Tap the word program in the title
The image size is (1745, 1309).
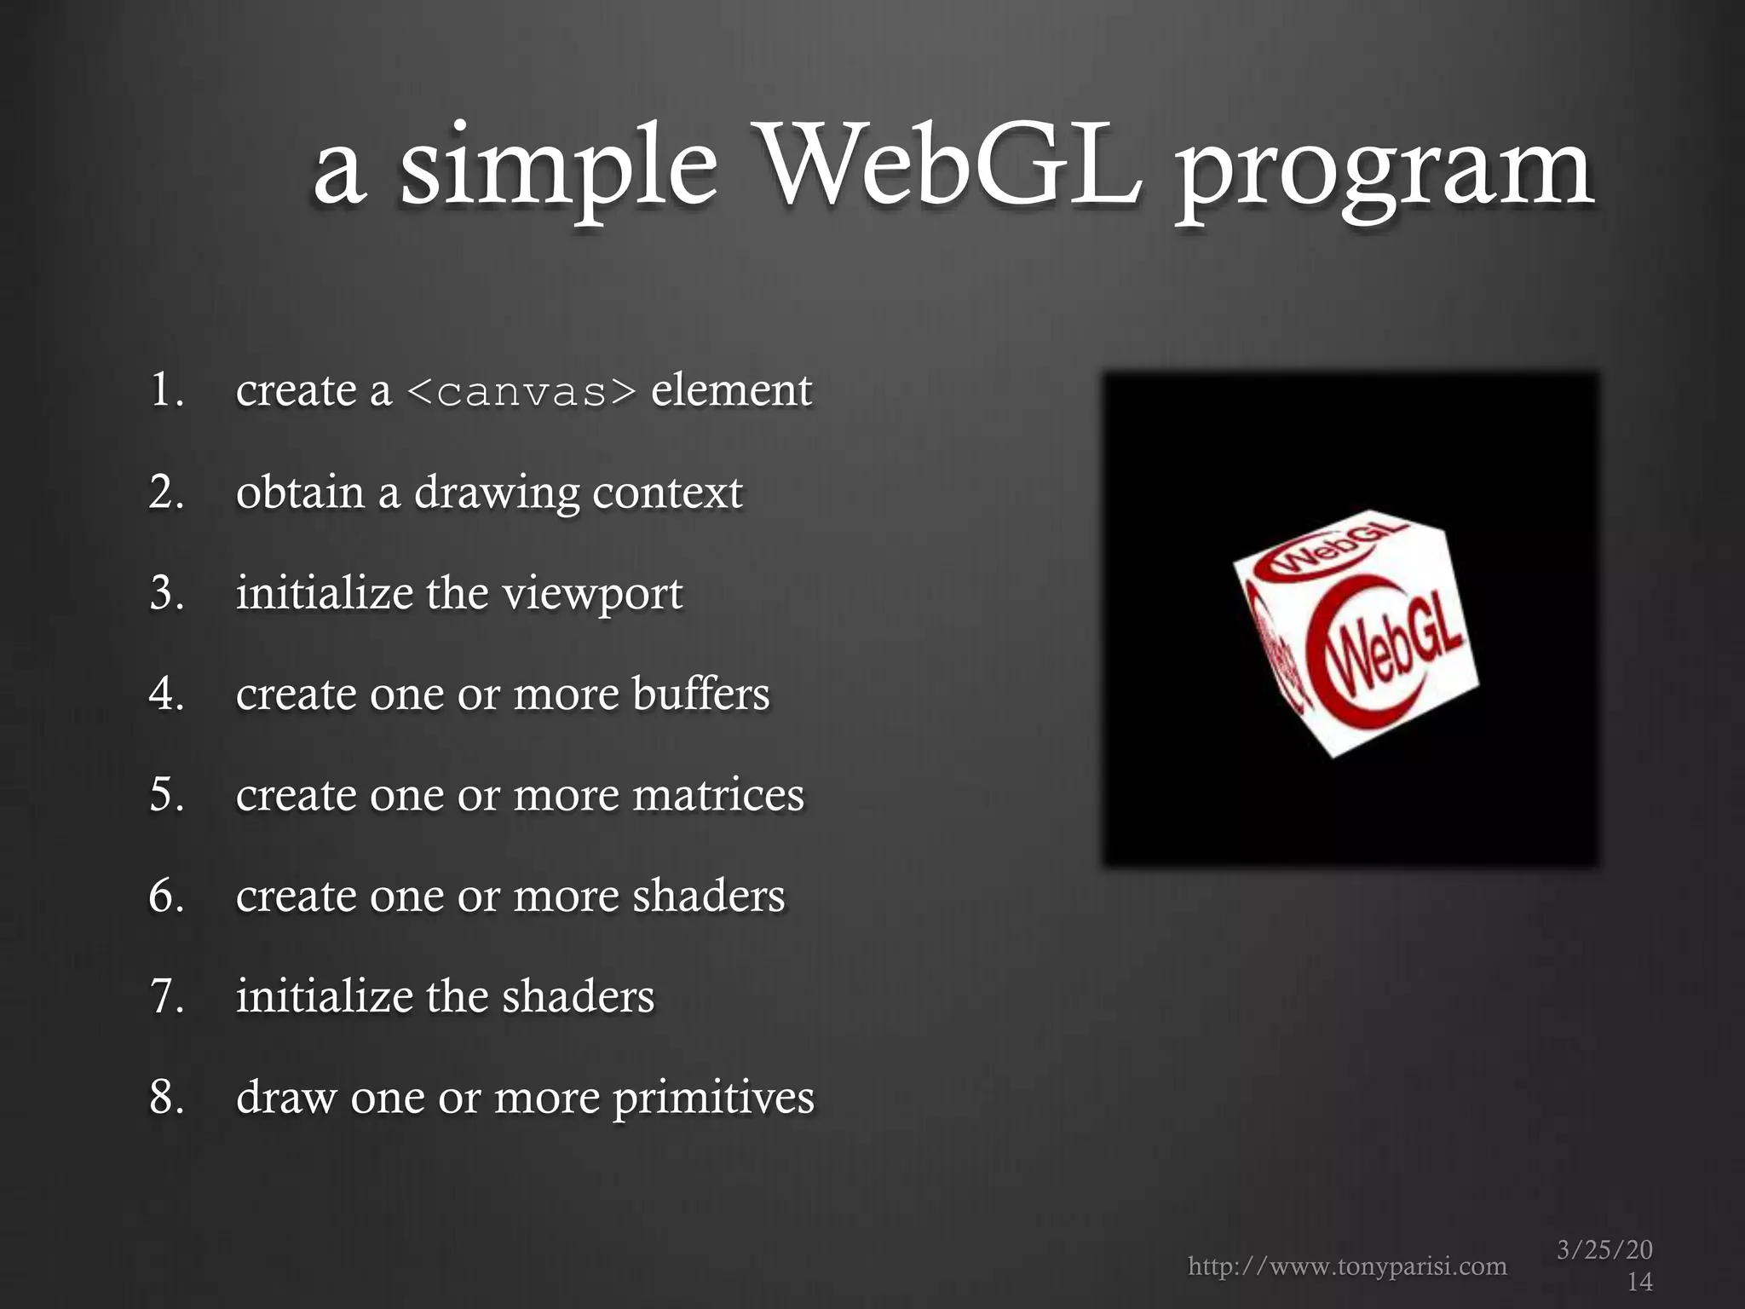1385,170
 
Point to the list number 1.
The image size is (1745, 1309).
165,390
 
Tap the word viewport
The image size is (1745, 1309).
592,594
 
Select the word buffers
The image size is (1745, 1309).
700,693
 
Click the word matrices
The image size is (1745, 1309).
717,794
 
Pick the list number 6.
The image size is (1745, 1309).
165,896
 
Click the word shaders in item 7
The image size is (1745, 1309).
578,996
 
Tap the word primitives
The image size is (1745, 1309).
713,1098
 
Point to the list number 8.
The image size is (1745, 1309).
165,1097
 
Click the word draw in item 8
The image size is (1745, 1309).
285,1097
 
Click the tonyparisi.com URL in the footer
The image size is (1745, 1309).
1347,1266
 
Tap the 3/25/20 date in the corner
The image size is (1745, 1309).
1604,1250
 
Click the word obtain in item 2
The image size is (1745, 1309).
299,492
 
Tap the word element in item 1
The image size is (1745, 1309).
731,390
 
